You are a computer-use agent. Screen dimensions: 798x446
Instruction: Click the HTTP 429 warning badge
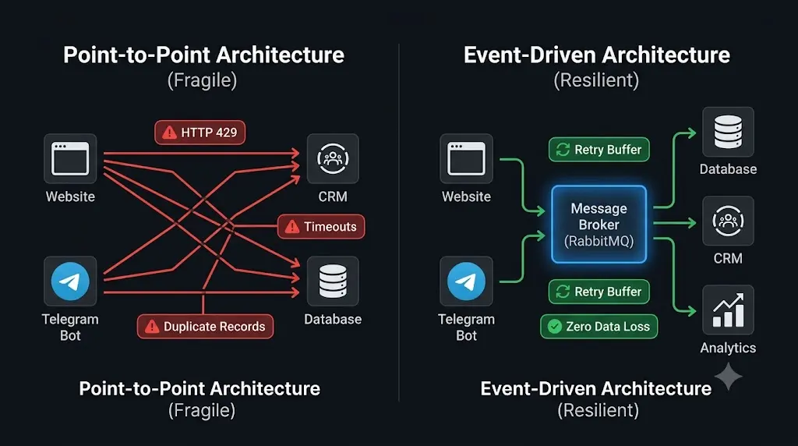coord(200,133)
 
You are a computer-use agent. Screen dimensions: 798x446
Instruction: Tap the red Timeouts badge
coord(321,227)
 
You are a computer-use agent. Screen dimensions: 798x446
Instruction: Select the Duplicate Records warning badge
coord(205,327)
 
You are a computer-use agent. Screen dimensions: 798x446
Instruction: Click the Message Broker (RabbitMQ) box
coord(599,225)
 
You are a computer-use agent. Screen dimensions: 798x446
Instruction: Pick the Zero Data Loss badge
coord(599,327)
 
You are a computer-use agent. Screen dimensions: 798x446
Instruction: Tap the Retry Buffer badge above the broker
coord(599,150)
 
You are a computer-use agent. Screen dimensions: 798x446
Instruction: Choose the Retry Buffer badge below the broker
coord(599,292)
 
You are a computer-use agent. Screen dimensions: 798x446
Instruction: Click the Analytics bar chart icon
coord(728,310)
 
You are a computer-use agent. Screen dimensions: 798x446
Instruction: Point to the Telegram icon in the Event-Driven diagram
coord(466,281)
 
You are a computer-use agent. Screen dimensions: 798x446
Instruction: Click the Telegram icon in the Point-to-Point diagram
coord(70,281)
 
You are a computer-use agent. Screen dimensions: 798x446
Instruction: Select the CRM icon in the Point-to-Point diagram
coord(333,158)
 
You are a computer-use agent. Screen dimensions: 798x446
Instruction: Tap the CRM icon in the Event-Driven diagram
coord(728,221)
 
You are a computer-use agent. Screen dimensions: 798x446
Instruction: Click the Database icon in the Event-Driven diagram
coord(728,132)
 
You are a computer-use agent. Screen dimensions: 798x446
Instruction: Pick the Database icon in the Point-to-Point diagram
coord(333,281)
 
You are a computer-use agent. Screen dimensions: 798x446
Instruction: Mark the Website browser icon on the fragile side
coord(70,158)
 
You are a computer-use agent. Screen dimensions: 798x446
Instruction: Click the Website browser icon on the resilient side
coord(466,158)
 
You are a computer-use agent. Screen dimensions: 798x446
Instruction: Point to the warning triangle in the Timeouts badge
coord(292,227)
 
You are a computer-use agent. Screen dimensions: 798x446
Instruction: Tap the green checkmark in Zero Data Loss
coord(555,327)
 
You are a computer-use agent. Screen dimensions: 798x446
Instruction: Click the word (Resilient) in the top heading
coord(596,80)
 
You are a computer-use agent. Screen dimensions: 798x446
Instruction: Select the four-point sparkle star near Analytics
coord(729,377)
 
